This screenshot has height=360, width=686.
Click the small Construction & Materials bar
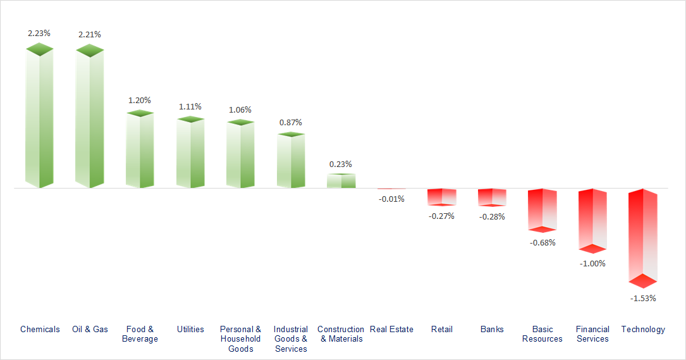pos(341,181)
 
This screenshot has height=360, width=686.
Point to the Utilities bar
pos(190,152)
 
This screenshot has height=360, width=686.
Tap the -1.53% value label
pos(644,298)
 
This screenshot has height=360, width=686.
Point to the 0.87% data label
pos(291,122)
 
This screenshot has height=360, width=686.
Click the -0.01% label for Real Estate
pos(391,199)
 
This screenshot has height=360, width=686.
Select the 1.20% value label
pos(140,100)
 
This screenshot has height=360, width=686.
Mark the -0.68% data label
pos(542,242)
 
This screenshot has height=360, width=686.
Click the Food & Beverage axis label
pos(140,334)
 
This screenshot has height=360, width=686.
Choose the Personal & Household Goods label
pos(240,338)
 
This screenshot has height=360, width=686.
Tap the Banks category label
pos(492,329)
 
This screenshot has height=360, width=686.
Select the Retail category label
pos(442,329)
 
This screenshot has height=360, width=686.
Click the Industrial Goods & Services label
pos(291,338)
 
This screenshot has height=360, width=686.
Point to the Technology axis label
pos(643,329)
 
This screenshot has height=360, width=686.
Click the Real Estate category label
pos(391,329)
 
